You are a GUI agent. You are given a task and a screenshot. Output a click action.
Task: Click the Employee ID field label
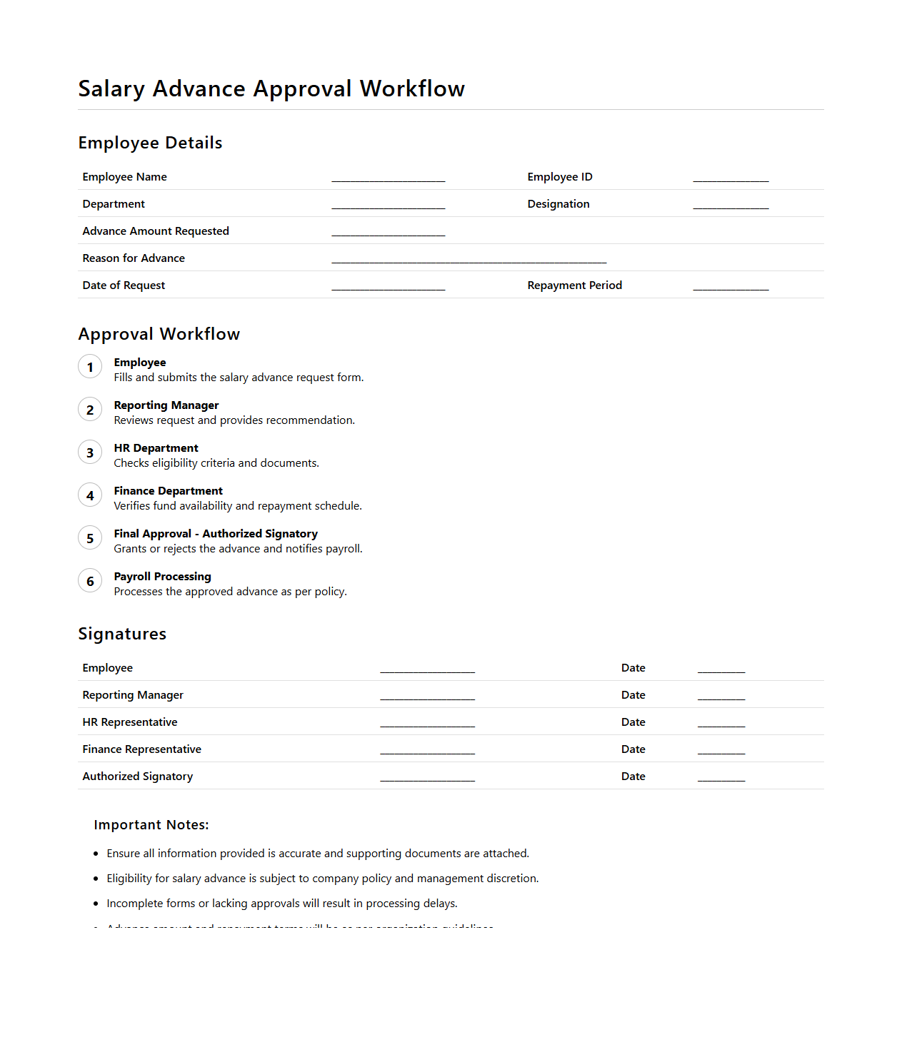tap(559, 177)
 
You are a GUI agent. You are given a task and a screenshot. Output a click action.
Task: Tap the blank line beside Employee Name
tap(388, 180)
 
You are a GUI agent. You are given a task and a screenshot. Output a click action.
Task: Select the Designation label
tap(558, 204)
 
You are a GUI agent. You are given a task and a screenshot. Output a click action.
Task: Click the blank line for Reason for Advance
tap(468, 261)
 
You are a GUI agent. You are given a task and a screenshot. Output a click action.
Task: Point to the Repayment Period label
tap(574, 285)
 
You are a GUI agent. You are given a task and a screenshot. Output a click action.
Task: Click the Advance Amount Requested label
tap(156, 231)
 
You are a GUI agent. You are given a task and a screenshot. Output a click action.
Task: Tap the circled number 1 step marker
tap(90, 368)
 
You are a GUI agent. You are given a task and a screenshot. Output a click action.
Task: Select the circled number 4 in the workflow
tap(90, 496)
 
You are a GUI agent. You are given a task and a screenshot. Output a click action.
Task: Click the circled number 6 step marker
tap(90, 582)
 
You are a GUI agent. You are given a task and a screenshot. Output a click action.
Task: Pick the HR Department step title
tap(156, 448)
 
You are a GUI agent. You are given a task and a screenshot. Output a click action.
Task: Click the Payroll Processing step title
tap(162, 577)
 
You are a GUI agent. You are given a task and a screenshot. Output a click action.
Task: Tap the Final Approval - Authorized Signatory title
tap(216, 534)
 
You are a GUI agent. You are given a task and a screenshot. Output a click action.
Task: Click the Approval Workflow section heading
tap(159, 334)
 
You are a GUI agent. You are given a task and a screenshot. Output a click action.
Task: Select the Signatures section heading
tap(122, 634)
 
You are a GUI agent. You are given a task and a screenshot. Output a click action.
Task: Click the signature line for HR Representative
tap(427, 725)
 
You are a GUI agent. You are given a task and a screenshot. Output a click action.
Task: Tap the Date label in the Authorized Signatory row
tap(633, 777)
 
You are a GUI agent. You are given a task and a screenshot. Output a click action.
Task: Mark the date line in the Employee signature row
tap(721, 671)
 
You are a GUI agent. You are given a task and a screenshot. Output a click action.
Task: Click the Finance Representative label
tap(141, 749)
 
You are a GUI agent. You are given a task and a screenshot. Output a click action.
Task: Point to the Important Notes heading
tap(151, 825)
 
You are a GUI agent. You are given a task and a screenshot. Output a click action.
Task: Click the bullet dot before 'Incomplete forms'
tap(96, 904)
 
